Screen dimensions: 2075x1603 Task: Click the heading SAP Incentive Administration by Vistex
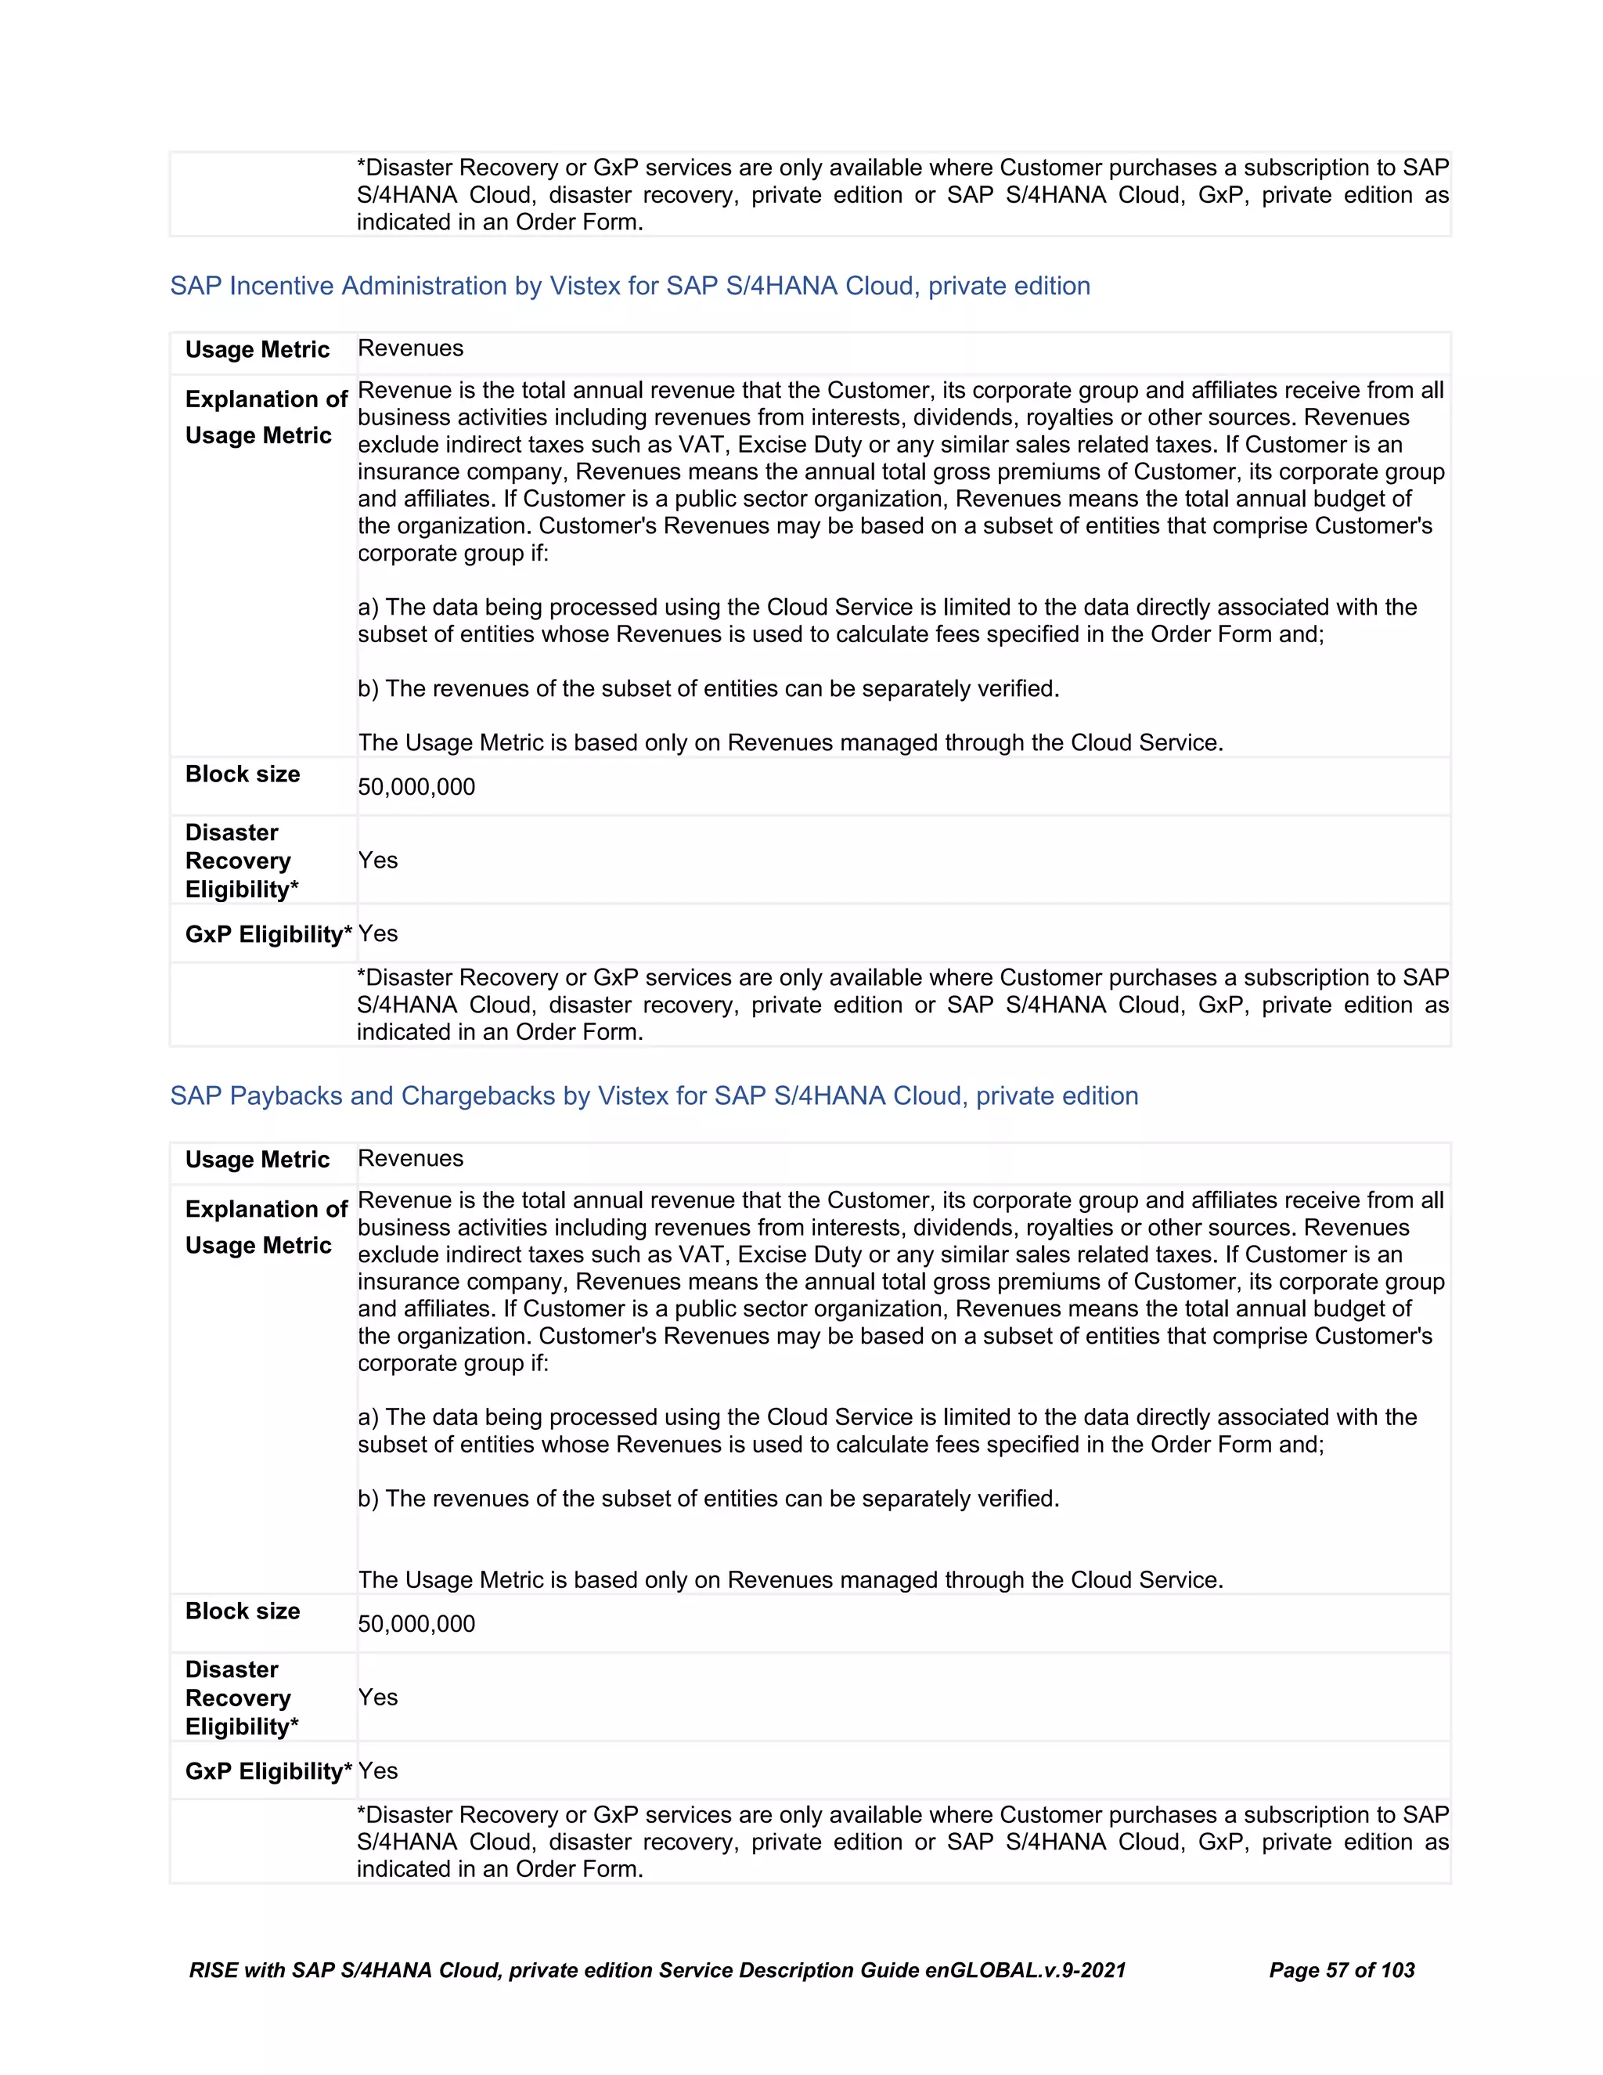point(629,286)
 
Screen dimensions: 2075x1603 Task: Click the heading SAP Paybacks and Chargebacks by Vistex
point(654,1095)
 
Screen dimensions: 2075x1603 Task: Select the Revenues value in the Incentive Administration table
point(410,348)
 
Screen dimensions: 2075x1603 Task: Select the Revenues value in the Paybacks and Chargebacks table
point(410,1158)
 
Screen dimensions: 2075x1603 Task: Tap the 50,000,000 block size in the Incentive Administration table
point(416,787)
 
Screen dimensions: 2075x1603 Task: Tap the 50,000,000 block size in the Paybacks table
point(416,1624)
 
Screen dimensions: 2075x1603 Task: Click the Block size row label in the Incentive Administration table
point(242,774)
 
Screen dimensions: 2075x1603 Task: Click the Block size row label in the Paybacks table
point(242,1611)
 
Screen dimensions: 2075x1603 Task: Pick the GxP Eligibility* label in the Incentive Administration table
point(268,934)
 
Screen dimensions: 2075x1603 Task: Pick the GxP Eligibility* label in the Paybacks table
point(268,1771)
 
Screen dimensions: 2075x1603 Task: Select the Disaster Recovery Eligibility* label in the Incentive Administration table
point(241,861)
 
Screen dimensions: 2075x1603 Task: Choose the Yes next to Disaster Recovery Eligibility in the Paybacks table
point(378,1697)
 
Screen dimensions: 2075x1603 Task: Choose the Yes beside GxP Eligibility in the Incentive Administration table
point(378,933)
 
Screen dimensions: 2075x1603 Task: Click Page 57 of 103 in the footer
point(1341,1971)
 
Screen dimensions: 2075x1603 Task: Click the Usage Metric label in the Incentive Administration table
point(257,350)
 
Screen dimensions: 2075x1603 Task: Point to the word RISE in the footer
point(213,1971)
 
